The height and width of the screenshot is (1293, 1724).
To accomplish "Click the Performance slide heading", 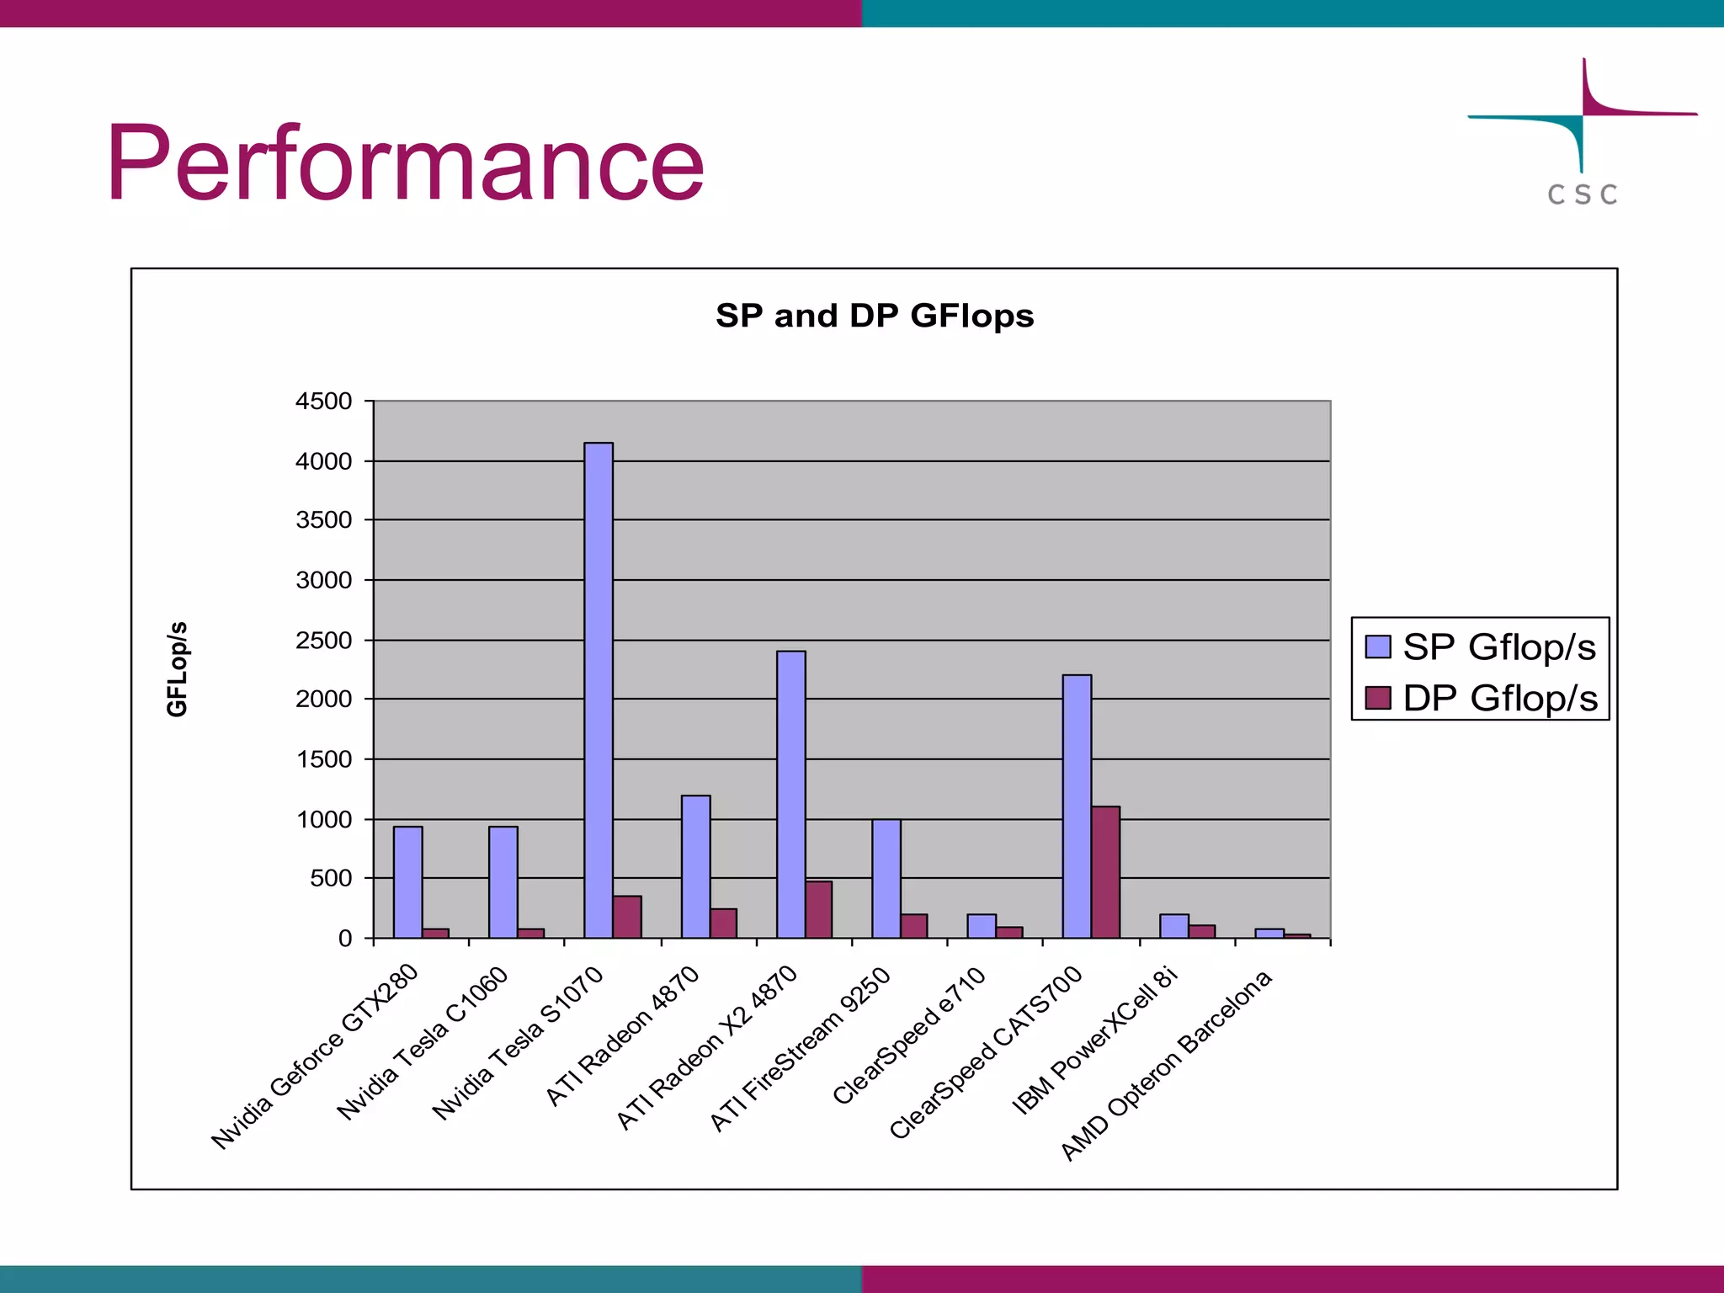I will tap(405, 163).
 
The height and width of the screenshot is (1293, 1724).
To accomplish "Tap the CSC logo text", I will tap(1582, 194).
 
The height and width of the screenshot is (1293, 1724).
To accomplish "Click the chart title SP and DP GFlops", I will tap(875, 316).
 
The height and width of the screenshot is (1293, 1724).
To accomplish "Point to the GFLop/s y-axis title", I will tap(177, 669).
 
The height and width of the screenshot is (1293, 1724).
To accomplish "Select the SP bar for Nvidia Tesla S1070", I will tap(599, 690).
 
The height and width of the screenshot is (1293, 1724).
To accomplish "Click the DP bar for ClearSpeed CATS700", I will tap(1105, 872).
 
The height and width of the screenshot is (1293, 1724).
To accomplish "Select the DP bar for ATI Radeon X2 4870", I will tap(818, 909).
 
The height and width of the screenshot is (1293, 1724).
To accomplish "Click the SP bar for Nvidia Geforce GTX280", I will tap(407, 881).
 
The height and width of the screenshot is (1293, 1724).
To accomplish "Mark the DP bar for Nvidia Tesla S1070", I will tap(627, 917).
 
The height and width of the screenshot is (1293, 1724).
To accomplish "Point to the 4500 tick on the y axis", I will tap(323, 402).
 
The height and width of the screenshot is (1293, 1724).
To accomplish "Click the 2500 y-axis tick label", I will tap(323, 641).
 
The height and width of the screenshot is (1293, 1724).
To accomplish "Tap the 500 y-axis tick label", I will tap(330, 878).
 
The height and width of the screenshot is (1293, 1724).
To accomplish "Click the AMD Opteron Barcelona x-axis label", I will tap(1167, 1065).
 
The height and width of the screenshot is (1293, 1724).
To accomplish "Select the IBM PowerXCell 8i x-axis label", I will tap(1093, 1041).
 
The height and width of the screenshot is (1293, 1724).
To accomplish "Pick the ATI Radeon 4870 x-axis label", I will tap(622, 1035).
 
